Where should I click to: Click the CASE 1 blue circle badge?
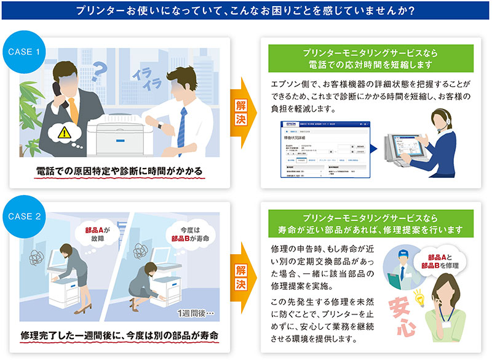[x=24, y=52]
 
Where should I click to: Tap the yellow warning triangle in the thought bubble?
[x=64, y=130]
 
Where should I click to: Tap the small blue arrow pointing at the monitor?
[x=372, y=148]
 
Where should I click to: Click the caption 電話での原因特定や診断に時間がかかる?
[x=118, y=169]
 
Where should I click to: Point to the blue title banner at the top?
[x=246, y=11]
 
